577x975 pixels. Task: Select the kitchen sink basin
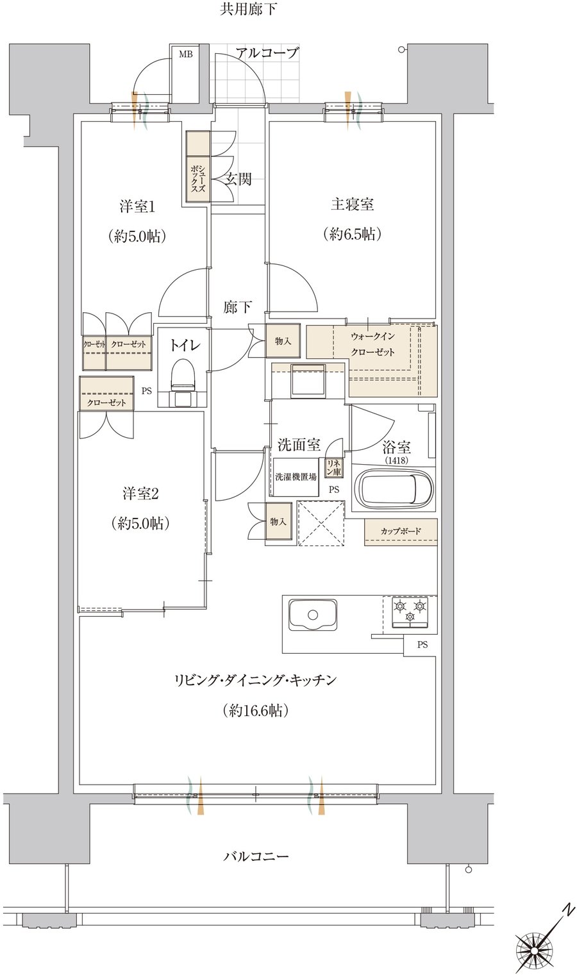[x=313, y=614]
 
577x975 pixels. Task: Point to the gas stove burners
[x=410, y=612]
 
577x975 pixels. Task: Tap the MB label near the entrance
[x=186, y=54]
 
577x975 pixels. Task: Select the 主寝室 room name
[x=352, y=204]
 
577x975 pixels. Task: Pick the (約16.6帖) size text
[x=255, y=711]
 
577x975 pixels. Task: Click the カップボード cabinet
[x=401, y=532]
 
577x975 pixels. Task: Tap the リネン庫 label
[x=334, y=467]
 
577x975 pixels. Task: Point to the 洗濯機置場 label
[x=296, y=477]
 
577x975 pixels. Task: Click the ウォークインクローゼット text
[x=372, y=344]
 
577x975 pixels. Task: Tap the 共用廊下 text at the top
[x=248, y=9]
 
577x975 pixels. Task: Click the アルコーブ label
[x=267, y=53]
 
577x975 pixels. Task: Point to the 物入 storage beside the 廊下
[x=283, y=341]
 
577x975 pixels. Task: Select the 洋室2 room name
[x=140, y=494]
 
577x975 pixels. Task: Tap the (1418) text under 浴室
[x=396, y=460]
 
